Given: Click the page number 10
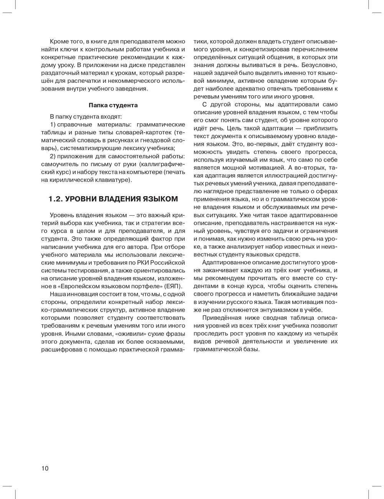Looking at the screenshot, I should pos(45,468).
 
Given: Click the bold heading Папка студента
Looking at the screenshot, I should pos(113,105).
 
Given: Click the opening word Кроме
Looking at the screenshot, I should pos(58,41).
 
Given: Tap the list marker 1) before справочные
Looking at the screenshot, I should pos(53,124).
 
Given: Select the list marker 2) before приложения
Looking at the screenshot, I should pos(53,156).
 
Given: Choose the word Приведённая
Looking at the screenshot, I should pos(222,318).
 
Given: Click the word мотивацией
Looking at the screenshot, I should pos(263,167).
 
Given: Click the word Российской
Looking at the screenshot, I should pos(169,262).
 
